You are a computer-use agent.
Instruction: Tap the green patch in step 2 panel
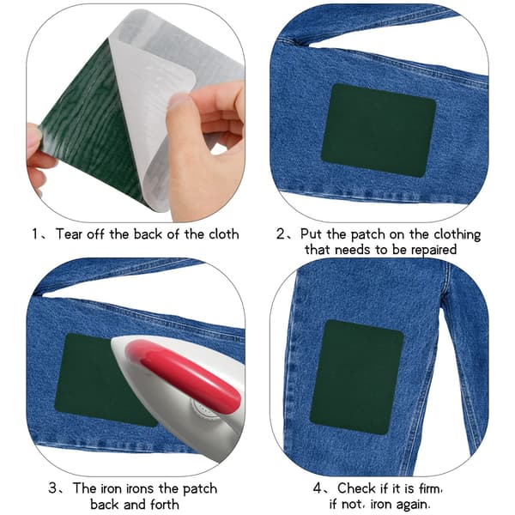click(379, 130)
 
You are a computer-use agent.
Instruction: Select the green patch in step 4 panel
click(357, 378)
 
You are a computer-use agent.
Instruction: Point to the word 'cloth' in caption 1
click(224, 234)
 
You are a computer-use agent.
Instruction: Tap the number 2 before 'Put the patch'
click(282, 234)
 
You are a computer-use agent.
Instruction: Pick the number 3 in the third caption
click(53, 488)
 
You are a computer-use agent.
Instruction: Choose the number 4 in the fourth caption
click(318, 488)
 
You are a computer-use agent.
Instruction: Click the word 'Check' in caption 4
click(357, 488)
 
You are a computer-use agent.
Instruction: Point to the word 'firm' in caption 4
click(430, 488)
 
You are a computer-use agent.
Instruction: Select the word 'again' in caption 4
click(412, 505)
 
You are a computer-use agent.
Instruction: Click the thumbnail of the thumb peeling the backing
click(179, 100)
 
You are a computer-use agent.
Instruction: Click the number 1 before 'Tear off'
click(35, 234)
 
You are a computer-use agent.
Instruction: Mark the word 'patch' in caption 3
click(200, 489)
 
